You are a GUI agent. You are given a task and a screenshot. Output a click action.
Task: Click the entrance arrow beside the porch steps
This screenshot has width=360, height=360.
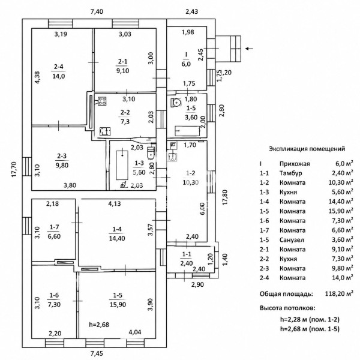point(249,49)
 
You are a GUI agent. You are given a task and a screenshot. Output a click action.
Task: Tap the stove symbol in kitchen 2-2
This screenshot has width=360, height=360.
point(102,101)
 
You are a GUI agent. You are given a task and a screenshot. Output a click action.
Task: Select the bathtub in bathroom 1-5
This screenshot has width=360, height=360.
point(187,131)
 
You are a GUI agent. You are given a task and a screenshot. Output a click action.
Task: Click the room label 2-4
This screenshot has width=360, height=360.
point(59,67)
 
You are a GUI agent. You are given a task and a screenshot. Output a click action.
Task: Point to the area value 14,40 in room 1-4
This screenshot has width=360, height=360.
point(117,238)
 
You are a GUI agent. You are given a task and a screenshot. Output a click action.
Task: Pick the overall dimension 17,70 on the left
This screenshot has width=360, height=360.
point(14,169)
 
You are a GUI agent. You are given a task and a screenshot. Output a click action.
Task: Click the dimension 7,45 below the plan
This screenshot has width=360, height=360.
point(97,353)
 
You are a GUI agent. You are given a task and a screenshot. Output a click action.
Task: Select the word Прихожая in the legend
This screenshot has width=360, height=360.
point(295,164)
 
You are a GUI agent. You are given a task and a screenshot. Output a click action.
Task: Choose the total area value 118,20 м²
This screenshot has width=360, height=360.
point(339,293)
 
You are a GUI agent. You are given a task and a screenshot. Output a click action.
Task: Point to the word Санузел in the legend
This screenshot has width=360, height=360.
point(292,240)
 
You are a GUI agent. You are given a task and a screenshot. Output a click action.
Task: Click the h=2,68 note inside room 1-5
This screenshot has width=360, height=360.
point(99,325)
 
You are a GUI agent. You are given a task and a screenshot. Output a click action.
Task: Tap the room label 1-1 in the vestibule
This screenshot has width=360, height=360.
point(187,254)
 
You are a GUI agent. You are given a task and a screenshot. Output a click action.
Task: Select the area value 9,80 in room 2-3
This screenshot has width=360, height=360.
point(62,165)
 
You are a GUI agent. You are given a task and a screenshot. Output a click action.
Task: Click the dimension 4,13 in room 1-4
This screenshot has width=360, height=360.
point(115,203)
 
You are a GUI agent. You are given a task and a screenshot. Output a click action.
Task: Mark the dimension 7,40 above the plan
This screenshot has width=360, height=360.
point(97,11)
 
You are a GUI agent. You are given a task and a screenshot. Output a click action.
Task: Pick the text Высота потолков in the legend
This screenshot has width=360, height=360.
point(287,308)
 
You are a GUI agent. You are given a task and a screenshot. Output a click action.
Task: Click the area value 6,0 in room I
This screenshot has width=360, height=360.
point(186,64)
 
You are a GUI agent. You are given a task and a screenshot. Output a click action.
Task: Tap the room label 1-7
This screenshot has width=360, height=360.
point(54,227)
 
